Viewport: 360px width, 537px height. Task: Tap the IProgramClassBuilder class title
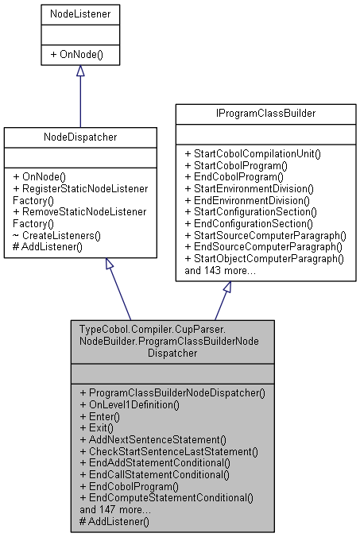265,114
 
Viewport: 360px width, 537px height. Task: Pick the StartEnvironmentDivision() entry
249,188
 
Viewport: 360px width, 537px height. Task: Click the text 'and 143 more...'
219,270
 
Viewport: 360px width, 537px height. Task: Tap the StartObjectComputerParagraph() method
263,258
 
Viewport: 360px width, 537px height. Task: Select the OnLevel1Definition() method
130,404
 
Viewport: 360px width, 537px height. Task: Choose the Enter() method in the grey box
100,416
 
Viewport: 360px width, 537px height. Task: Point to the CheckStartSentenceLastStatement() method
169,451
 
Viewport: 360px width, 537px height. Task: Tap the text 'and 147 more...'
114,509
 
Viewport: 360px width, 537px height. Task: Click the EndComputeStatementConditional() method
167,498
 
